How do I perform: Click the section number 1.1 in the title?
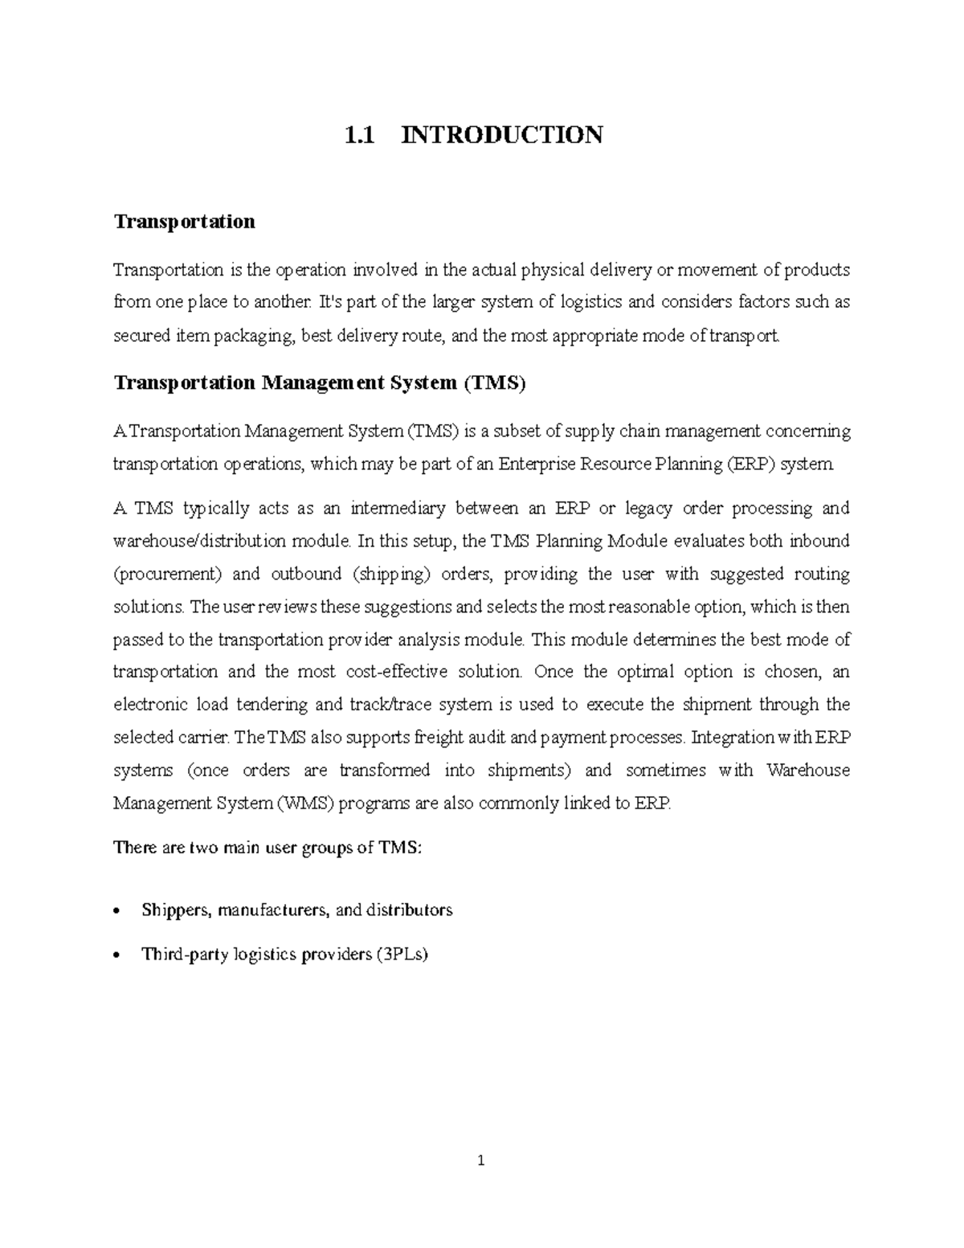pos(359,134)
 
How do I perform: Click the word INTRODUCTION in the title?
pos(502,134)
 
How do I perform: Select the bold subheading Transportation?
pos(184,221)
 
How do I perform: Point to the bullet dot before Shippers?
pos(118,911)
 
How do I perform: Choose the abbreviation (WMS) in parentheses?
pos(305,804)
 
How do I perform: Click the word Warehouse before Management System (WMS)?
pos(807,771)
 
